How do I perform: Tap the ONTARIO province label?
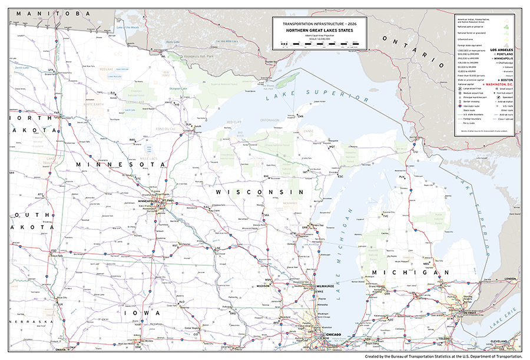[x=410, y=51]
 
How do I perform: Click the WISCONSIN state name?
[x=259, y=193]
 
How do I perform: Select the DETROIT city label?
[x=469, y=312]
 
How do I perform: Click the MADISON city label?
[x=263, y=286]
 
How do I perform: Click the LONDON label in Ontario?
[x=510, y=279]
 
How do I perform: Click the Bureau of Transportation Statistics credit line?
[x=443, y=356]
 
